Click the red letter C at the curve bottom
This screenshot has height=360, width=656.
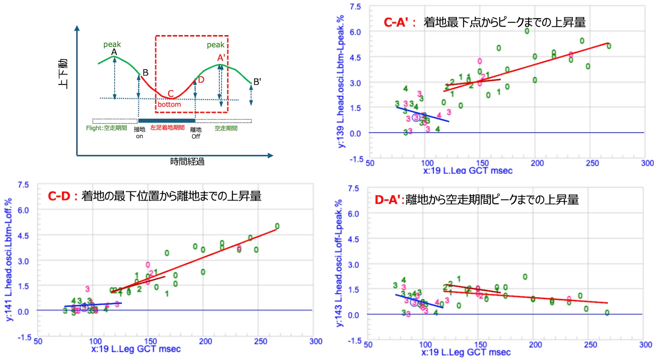[x=171, y=93]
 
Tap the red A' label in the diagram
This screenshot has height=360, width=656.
[x=221, y=58]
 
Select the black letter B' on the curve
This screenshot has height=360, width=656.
[x=257, y=82]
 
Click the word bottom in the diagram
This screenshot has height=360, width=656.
[x=169, y=104]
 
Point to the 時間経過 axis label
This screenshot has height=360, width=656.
[x=187, y=161]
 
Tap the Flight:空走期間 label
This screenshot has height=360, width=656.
[x=106, y=128]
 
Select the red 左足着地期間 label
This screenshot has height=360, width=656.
[x=167, y=128]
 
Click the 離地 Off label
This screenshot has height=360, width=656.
[x=196, y=133]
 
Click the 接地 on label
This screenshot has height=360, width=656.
[x=139, y=133]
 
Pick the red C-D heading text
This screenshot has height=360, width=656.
[x=62, y=196]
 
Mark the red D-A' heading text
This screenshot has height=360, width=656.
[x=389, y=199]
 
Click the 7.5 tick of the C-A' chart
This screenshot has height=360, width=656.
[x=355, y=7]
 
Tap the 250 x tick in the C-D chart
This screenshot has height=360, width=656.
[x=260, y=341]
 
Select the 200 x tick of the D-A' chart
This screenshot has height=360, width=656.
[x=535, y=345]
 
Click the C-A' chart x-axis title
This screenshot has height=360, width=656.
[x=468, y=171]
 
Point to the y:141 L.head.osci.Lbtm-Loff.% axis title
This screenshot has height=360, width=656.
[x=8, y=259]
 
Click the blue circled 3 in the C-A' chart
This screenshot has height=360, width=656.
[x=416, y=117]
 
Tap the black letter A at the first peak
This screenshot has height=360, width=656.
[x=114, y=52]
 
